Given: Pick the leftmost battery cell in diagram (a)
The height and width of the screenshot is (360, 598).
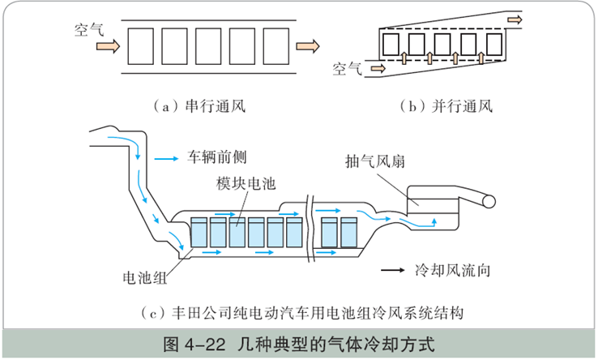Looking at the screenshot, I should coord(143,46).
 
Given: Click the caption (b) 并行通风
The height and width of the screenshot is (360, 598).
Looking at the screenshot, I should coord(446,106).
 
